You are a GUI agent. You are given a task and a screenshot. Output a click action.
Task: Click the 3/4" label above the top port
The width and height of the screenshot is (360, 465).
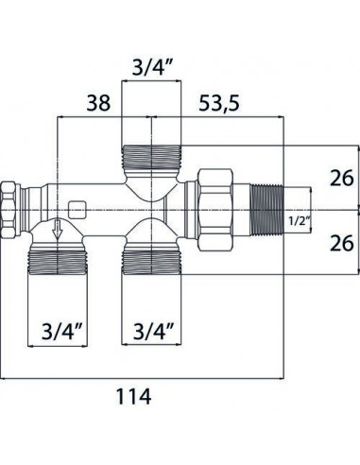153,65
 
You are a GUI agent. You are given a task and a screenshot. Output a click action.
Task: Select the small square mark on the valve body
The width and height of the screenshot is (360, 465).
77,205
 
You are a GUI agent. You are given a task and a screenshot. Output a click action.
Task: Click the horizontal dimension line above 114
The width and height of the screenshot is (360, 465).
142,378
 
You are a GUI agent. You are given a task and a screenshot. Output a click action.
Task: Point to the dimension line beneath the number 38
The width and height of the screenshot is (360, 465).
90,117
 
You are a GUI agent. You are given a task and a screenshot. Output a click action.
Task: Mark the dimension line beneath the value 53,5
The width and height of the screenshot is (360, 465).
219,117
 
